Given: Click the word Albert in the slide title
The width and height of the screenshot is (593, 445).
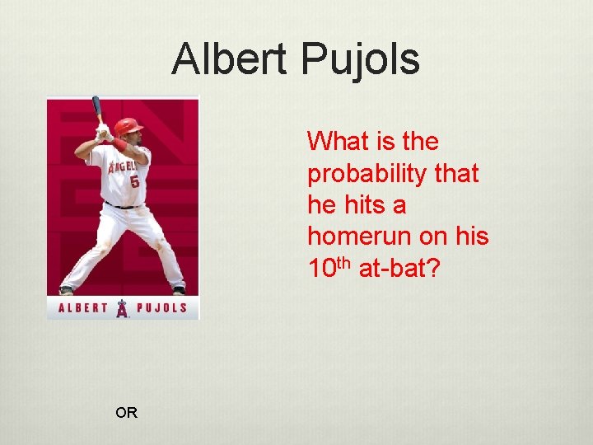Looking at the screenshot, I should (x=230, y=59).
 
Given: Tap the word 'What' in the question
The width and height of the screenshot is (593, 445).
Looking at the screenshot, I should (x=337, y=141).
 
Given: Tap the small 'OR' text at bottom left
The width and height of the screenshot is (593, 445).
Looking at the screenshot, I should (x=127, y=413).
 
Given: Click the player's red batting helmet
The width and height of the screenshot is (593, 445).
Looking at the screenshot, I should (x=127, y=125).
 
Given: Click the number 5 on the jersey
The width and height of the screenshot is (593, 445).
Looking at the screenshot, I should (x=133, y=180).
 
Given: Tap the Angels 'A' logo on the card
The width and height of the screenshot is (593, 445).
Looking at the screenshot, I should (x=123, y=309).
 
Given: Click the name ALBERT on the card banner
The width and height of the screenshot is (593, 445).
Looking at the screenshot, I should (x=83, y=309).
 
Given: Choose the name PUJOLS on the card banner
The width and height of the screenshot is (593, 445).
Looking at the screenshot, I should (x=162, y=309).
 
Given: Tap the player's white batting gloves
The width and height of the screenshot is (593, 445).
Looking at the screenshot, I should (x=104, y=131).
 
